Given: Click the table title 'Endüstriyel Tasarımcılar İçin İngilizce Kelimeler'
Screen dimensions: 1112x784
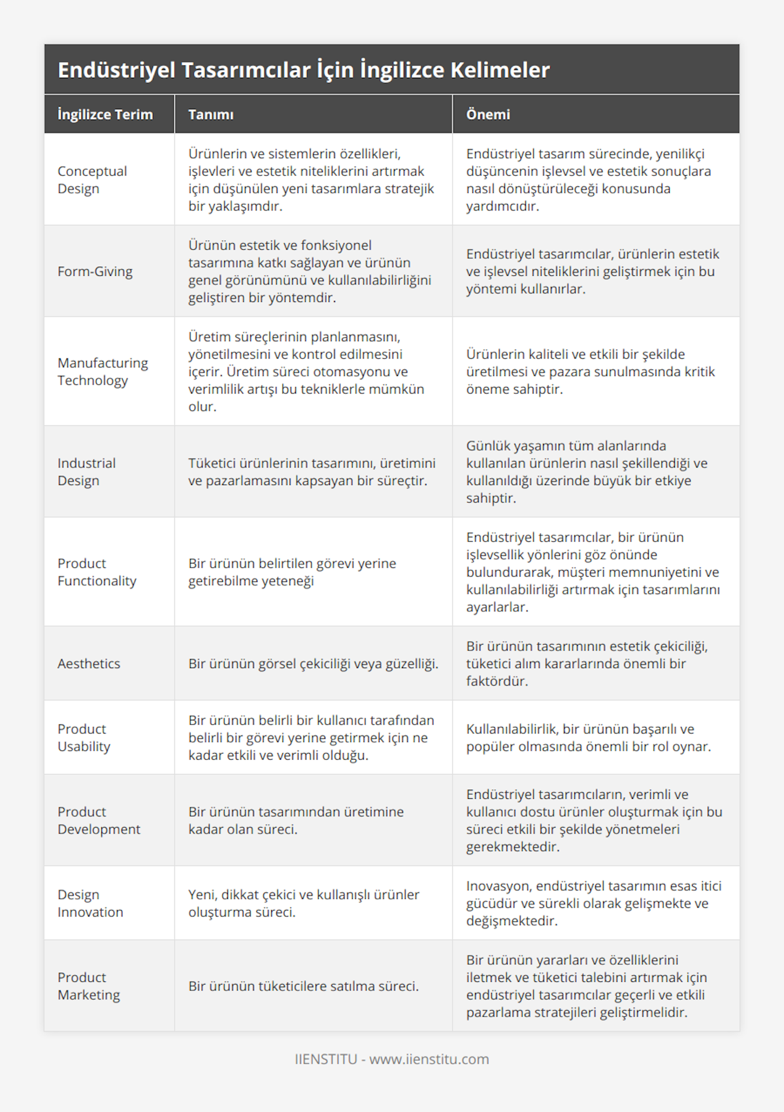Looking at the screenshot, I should [304, 70].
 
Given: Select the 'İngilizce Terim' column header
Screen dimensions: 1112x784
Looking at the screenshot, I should [105, 114].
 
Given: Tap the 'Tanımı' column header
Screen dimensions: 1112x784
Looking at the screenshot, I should [210, 114].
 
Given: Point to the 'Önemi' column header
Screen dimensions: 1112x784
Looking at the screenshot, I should [487, 114].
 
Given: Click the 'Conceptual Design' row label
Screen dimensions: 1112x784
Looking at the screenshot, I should [92, 180].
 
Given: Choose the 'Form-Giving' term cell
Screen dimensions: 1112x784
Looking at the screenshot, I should [95, 271].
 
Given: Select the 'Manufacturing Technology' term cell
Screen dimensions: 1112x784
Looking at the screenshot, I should [103, 371].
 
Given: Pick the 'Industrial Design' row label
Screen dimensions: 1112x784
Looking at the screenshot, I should [86, 472].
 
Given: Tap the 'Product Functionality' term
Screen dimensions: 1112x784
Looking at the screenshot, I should [97, 572].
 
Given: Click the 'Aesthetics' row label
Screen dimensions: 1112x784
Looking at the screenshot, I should [89, 664].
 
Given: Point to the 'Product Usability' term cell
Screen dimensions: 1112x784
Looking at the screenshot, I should [84, 737].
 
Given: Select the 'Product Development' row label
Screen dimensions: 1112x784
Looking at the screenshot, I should [99, 820].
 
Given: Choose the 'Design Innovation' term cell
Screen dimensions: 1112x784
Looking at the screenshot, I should [90, 903].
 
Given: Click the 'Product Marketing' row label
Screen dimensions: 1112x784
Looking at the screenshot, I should [89, 986].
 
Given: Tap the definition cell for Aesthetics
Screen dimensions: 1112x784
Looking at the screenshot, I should [313, 664].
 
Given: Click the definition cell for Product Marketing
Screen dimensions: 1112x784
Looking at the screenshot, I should [303, 986].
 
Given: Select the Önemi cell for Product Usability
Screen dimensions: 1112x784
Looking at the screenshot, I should [588, 737].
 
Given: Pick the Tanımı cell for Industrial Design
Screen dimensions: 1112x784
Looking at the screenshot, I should [312, 472].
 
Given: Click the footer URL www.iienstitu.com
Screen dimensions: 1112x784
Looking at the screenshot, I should [429, 1059].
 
